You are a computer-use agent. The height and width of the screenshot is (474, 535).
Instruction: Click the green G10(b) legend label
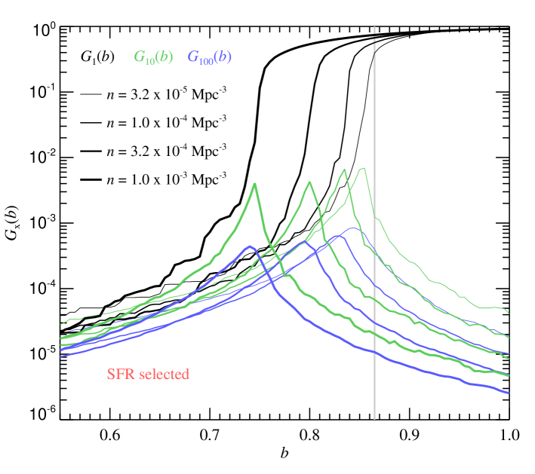(154, 57)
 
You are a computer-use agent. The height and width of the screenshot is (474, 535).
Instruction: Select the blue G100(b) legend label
(209, 57)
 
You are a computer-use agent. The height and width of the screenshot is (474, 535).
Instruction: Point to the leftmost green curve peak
(255, 183)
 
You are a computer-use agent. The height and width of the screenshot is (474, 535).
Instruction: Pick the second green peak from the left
(309, 182)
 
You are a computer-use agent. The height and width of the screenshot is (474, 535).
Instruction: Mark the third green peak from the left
(344, 170)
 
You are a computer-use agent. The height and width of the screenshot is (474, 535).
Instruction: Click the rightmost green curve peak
(364, 168)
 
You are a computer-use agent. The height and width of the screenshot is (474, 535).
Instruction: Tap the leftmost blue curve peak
(248, 246)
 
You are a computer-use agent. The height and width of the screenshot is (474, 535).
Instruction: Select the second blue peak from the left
(305, 241)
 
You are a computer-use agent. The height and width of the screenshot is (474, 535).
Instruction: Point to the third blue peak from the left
(339, 235)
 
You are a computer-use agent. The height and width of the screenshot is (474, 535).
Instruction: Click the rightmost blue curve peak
(352, 228)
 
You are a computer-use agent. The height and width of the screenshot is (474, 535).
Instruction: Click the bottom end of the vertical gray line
(374, 417)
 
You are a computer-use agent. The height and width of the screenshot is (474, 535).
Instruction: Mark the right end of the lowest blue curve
(509, 393)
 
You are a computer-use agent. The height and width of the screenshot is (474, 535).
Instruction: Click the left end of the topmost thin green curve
(61, 324)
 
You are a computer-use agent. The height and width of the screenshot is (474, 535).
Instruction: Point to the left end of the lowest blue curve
(61, 356)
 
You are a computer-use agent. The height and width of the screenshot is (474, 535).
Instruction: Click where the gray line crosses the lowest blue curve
(374, 351)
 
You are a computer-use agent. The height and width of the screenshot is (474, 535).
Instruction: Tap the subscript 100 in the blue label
(205, 61)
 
